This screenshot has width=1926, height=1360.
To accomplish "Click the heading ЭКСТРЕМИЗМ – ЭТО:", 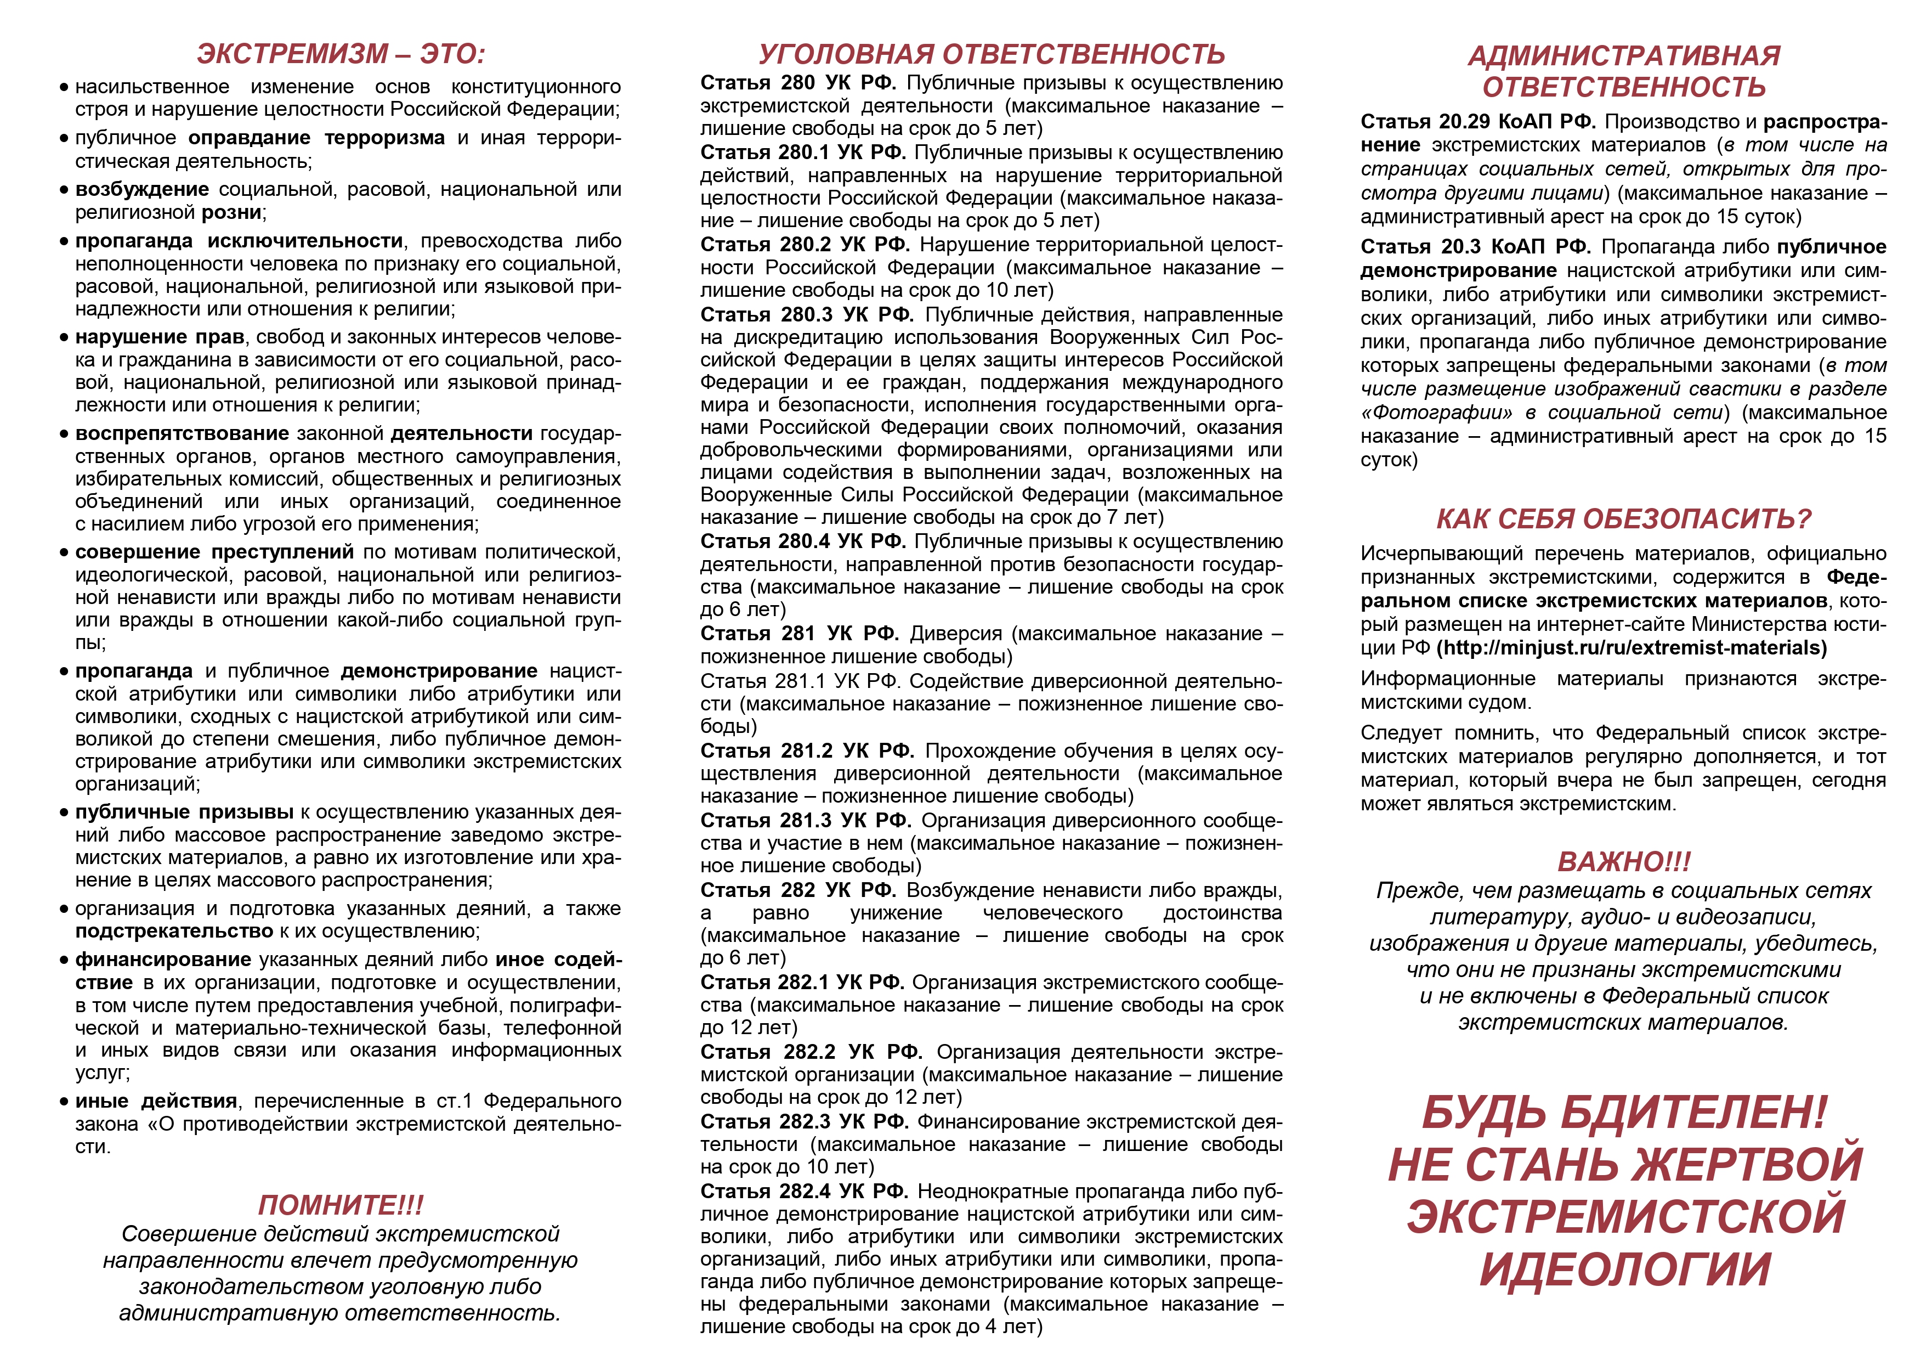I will coord(341,54).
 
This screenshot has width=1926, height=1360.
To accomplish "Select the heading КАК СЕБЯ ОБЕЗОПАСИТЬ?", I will coord(1623,520).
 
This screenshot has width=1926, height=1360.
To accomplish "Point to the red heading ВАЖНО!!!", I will coord(1624,862).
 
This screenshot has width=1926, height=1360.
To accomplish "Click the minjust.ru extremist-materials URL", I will coord(1632,648).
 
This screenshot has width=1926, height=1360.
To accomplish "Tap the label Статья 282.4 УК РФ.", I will coord(803,1192).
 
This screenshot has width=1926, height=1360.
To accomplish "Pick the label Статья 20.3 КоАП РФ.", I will coord(1475,247).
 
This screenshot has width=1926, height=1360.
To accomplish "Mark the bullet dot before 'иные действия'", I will coord(64,1102).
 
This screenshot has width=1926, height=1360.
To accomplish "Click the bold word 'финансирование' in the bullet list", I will coord(163,960).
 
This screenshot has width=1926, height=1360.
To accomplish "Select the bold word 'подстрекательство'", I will coord(174,932).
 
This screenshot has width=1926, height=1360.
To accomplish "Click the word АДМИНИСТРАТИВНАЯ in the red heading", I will coord(1624,55).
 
